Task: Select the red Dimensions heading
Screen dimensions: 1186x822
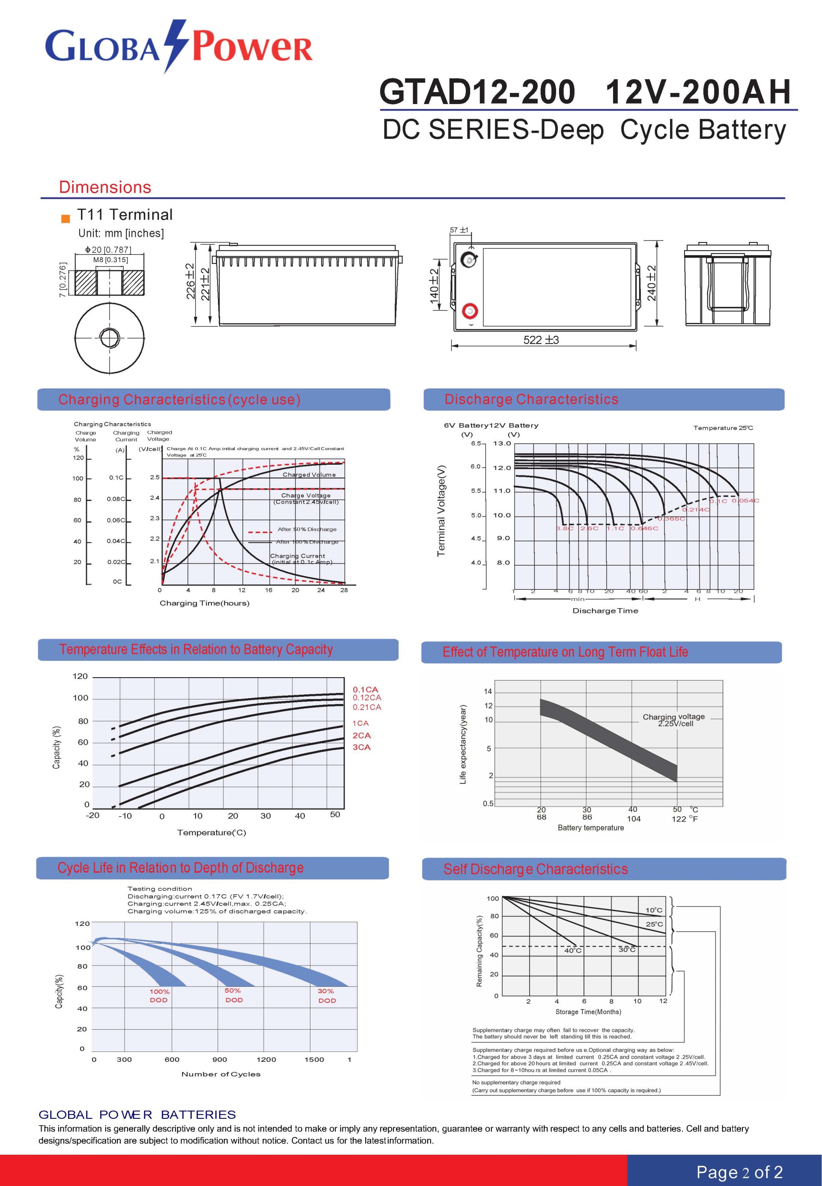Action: click(105, 187)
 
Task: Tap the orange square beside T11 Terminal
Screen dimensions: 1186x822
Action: click(66, 218)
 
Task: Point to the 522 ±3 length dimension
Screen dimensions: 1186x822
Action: click(541, 340)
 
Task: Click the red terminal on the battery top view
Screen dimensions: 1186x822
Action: click(470, 311)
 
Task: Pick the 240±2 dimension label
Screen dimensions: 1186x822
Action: click(652, 284)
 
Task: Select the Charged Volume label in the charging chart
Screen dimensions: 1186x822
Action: click(309, 475)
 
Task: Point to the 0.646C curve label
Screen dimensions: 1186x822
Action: click(644, 528)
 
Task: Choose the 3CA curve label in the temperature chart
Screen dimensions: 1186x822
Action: click(362, 747)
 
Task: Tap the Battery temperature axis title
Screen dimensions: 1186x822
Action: click(590, 828)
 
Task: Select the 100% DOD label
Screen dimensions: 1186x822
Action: click(159, 995)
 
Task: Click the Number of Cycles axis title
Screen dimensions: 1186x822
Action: click(220, 1074)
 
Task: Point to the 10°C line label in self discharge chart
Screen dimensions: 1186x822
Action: click(654, 910)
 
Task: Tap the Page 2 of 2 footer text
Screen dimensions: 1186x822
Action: click(739, 1172)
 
